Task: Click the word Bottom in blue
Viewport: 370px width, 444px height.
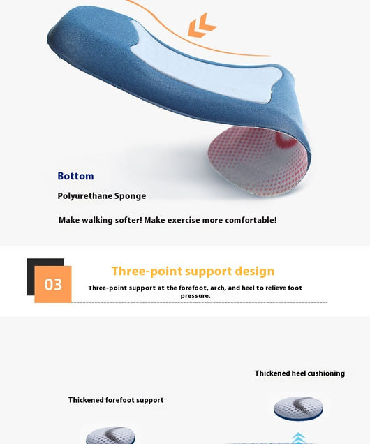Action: (75, 176)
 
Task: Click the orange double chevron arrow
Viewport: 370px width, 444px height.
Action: (202, 25)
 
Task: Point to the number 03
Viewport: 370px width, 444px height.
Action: (53, 285)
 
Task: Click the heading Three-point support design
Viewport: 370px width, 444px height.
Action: (193, 271)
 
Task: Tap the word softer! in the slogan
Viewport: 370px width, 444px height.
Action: (128, 220)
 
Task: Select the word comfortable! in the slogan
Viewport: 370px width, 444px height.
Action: (251, 220)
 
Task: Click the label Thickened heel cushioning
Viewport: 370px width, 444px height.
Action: (299, 373)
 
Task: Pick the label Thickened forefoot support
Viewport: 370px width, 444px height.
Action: (116, 400)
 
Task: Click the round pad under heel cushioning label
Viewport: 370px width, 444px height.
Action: (298, 408)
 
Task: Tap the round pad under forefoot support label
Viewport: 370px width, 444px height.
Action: (110, 436)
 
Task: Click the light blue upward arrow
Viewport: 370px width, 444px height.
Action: (298, 438)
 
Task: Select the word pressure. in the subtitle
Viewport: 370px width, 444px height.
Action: (195, 296)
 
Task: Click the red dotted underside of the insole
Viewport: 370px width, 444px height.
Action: (257, 161)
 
